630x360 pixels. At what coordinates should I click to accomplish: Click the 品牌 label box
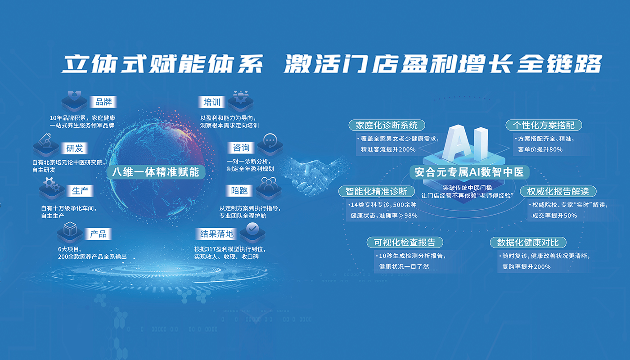click(103, 102)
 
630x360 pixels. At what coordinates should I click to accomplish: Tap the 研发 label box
click(74, 148)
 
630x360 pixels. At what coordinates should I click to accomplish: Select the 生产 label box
click(80, 191)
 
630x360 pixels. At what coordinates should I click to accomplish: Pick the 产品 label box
click(98, 234)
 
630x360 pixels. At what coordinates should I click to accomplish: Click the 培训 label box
click(211, 102)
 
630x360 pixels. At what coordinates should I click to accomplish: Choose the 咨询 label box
click(241, 148)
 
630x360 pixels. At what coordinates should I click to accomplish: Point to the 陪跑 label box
click(239, 191)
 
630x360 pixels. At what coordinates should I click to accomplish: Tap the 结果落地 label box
click(217, 234)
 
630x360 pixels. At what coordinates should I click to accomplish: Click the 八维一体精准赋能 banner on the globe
click(156, 172)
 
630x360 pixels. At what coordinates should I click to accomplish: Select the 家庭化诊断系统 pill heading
click(387, 125)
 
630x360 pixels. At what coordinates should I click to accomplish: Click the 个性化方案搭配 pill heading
click(544, 125)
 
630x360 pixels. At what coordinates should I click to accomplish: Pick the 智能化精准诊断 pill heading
click(377, 191)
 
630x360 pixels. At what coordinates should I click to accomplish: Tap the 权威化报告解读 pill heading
click(558, 191)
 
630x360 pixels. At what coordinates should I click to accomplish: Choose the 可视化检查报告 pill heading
click(405, 243)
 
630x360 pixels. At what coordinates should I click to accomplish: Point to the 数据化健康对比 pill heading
click(528, 243)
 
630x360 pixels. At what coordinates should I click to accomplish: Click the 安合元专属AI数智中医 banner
click(469, 172)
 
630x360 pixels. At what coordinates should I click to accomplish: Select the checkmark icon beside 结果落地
click(252, 229)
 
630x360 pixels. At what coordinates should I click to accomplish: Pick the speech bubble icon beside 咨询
click(270, 140)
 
